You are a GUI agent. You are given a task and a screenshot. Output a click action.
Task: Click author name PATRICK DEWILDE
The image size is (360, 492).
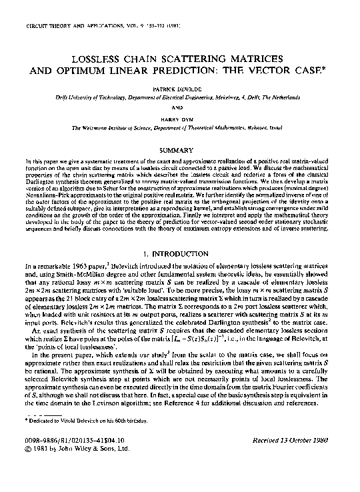[x=180, y=89]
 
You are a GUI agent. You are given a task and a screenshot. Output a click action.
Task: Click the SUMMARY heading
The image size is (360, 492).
[x=180, y=151]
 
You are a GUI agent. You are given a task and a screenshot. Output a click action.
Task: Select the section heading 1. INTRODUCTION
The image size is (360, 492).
[x=180, y=254]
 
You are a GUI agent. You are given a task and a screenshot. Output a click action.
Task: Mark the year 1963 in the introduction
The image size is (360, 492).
[x=79, y=268]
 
